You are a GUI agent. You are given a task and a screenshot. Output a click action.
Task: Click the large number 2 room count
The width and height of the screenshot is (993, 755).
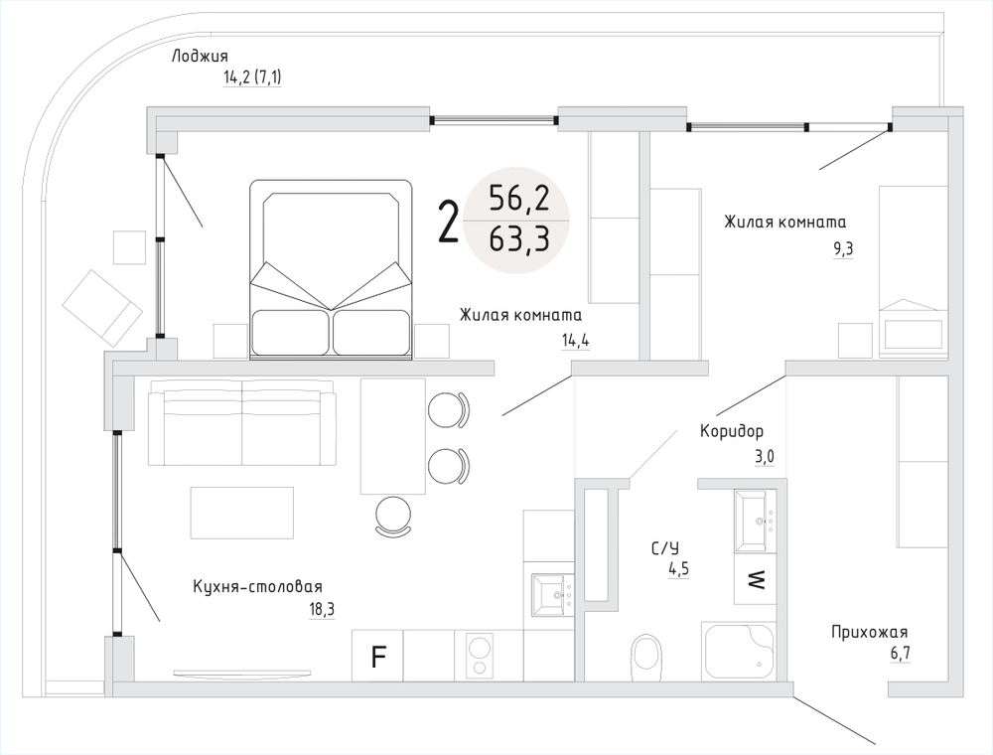pyautogui.click(x=449, y=222)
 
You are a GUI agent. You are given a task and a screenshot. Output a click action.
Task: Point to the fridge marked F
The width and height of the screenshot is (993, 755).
pyautogui.click(x=377, y=657)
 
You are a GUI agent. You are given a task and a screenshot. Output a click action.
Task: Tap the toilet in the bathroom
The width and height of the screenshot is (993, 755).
pyautogui.click(x=647, y=658)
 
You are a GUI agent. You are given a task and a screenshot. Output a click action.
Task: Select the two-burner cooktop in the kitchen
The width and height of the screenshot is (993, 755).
pyautogui.click(x=481, y=657)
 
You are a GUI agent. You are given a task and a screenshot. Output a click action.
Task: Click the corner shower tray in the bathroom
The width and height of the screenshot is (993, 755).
pyautogui.click(x=740, y=651)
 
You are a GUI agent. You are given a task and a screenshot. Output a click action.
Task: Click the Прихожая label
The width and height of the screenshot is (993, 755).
pyautogui.click(x=870, y=632)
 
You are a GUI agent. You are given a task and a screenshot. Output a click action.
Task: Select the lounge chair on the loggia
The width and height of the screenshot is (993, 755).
pyautogui.click(x=101, y=305)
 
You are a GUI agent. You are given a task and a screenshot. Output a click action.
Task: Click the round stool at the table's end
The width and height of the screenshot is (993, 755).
pyautogui.click(x=395, y=515)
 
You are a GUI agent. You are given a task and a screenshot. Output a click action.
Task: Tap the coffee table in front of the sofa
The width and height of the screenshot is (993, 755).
pyautogui.click(x=242, y=512)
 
